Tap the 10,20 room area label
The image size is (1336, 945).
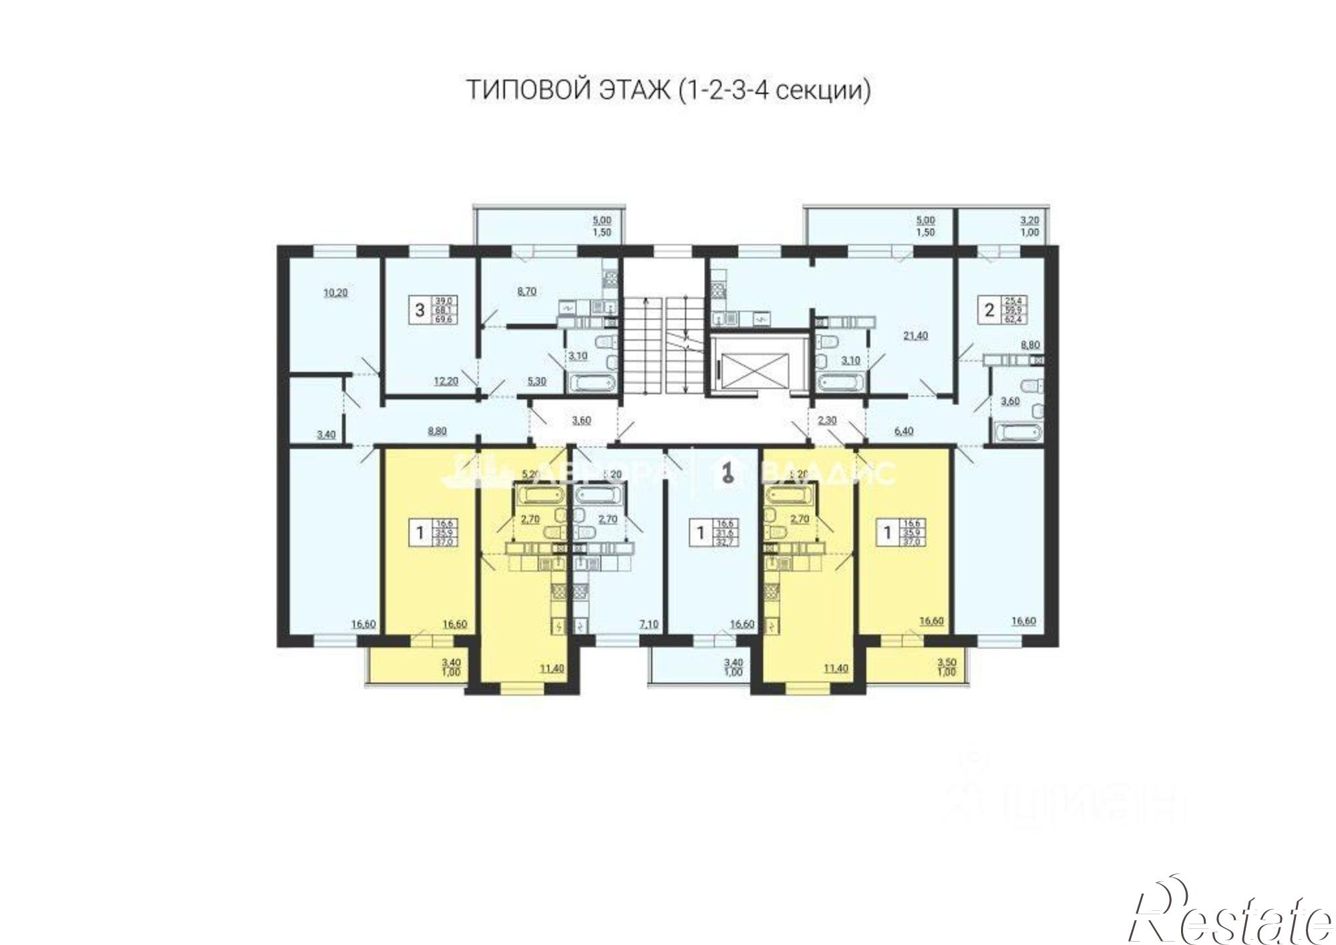pyautogui.click(x=335, y=292)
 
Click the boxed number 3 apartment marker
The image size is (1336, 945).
pyautogui.click(x=420, y=310)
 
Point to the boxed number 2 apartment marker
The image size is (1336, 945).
pyautogui.click(x=989, y=310)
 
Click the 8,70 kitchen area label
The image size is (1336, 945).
pyautogui.click(x=527, y=291)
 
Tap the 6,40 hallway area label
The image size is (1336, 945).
pyautogui.click(x=903, y=431)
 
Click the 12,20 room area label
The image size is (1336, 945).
pyautogui.click(x=445, y=381)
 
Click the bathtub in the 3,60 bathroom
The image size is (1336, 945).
pyautogui.click(x=1017, y=432)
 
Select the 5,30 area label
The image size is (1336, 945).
pyautogui.click(x=536, y=381)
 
